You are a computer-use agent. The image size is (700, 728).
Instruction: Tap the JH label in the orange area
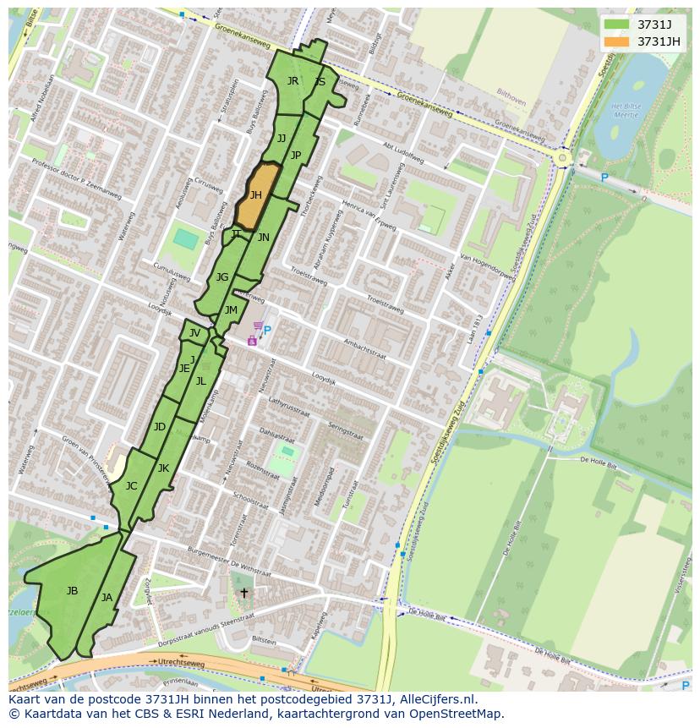(x=255, y=195)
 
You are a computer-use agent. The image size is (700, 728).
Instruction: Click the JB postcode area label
(x=72, y=590)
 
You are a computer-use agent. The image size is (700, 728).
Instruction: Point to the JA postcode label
(x=107, y=598)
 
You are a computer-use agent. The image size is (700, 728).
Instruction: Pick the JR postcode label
(x=293, y=81)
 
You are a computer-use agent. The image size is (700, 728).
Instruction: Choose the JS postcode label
(x=320, y=82)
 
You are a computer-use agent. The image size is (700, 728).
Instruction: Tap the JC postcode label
(x=131, y=486)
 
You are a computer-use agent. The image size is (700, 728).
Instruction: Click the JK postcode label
(x=163, y=468)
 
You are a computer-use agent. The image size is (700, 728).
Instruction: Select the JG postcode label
(x=222, y=277)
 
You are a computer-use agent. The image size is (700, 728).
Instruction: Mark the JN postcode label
(x=264, y=238)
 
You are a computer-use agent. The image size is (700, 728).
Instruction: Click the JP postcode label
(x=296, y=155)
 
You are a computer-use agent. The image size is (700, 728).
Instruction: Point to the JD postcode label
(x=160, y=427)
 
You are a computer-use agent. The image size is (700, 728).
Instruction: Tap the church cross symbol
(x=244, y=593)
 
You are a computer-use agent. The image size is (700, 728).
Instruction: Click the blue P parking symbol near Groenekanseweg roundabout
(x=604, y=178)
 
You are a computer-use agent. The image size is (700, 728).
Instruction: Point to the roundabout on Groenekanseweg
(x=562, y=157)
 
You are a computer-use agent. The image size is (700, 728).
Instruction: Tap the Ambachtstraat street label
(x=365, y=349)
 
